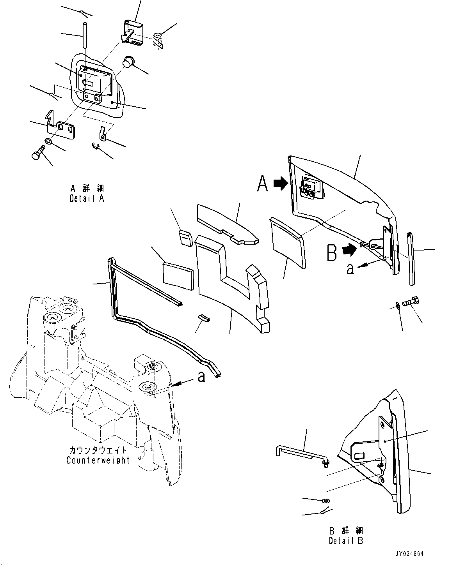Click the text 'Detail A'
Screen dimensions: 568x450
87,198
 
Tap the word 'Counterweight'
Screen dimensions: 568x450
98,460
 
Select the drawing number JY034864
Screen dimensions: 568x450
409,554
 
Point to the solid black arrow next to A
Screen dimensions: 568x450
279,183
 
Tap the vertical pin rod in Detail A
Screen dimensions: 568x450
84,35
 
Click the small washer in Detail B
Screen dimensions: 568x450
326,500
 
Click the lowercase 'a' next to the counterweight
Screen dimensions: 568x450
201,376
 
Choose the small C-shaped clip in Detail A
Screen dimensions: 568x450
96,146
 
